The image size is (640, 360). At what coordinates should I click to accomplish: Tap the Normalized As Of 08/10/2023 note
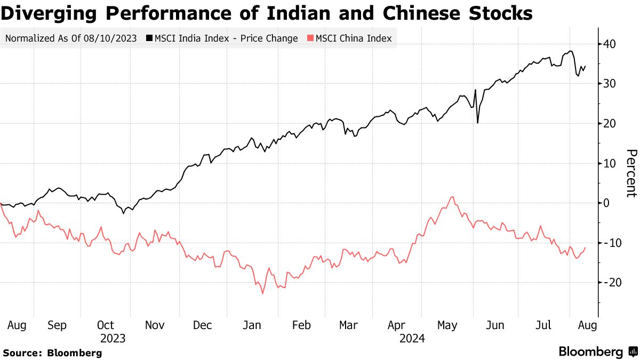70,38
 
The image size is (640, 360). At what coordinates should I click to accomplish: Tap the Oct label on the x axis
106,325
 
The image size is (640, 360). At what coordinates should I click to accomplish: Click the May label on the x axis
447,325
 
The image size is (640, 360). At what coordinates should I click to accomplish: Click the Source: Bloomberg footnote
52,353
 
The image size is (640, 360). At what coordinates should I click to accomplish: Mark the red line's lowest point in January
262,293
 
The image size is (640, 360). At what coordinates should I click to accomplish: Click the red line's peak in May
452,197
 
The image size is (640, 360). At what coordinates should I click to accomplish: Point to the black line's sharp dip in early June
477,123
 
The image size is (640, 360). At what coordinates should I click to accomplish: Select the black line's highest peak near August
571,51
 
